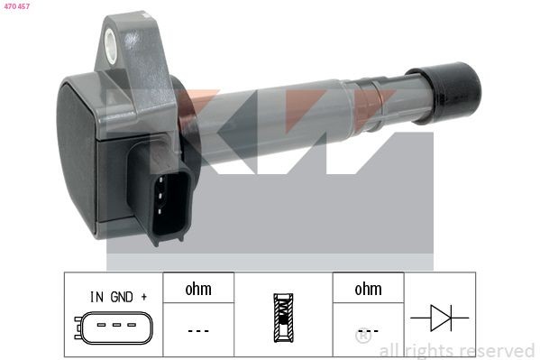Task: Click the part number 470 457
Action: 17,6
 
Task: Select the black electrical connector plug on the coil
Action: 166,193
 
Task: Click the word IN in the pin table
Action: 96,296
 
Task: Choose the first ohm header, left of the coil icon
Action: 197,289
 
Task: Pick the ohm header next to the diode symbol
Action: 368,289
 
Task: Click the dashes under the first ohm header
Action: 197,330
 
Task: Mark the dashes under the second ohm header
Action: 368,330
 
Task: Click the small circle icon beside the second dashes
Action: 362,337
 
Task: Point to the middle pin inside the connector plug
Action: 169,199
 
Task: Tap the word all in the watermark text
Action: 390,350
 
